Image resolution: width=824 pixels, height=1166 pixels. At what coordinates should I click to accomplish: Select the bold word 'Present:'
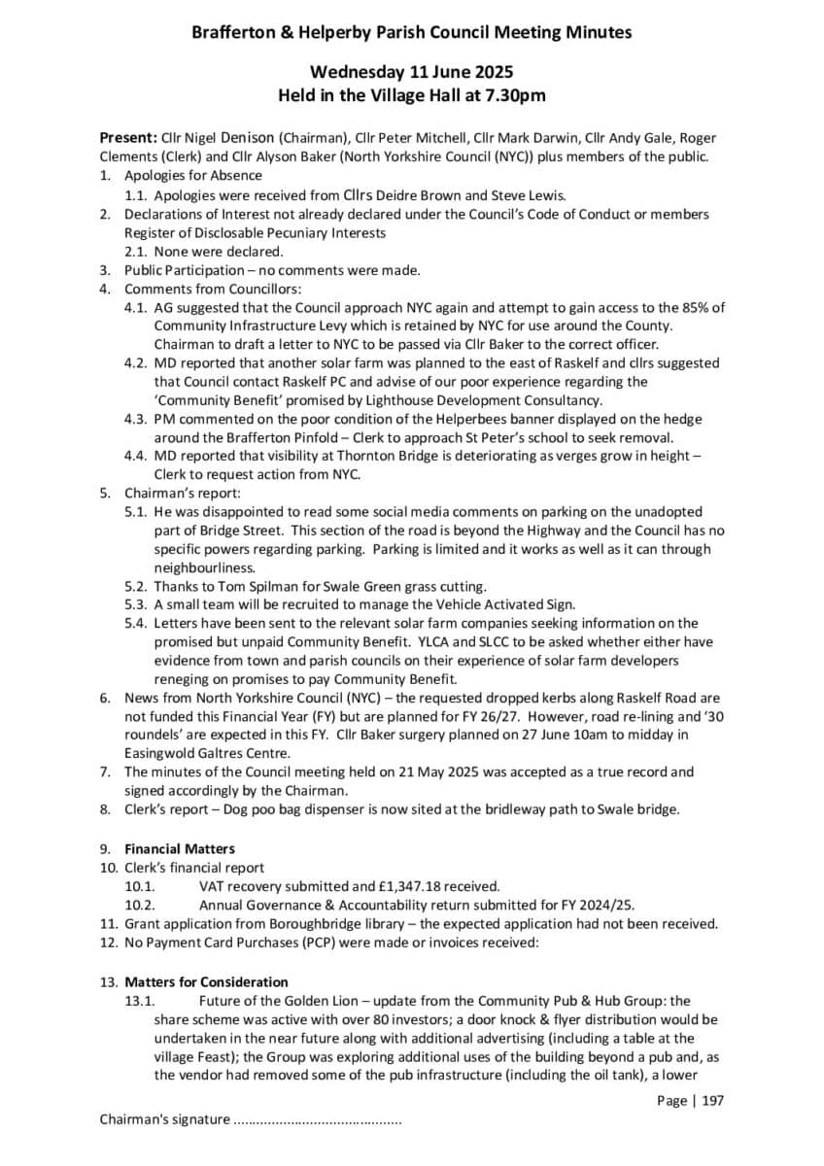coord(128,138)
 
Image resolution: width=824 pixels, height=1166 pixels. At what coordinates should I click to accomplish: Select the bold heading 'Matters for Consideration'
coord(206,982)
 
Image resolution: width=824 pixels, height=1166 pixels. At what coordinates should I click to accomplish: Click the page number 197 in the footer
coord(712,1101)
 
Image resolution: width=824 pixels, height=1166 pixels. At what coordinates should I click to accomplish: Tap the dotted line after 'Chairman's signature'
coord(317,1120)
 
